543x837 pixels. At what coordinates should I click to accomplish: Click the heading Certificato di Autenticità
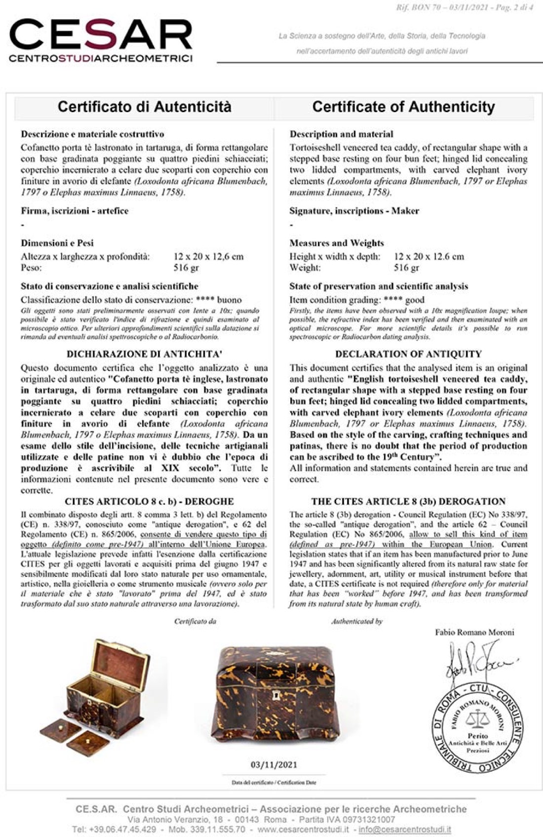click(x=144, y=107)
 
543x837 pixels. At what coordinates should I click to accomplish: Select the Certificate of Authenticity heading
click(x=403, y=107)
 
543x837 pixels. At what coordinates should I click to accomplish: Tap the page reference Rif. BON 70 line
click(x=464, y=7)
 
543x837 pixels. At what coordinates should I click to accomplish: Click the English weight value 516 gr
click(x=406, y=268)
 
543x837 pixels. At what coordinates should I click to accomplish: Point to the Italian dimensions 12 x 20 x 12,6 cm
click(x=208, y=256)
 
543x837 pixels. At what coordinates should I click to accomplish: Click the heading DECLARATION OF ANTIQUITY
click(x=408, y=354)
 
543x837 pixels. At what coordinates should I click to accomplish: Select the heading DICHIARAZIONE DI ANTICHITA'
click(x=144, y=354)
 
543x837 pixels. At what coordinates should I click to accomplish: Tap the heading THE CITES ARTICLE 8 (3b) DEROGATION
click(x=408, y=501)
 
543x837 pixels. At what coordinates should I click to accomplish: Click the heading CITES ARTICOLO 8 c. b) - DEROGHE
click(x=142, y=501)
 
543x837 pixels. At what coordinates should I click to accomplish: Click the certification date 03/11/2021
click(x=274, y=765)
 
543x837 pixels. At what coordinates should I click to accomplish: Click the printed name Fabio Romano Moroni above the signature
click(x=474, y=632)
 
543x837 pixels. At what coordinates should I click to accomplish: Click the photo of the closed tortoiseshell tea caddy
click(x=274, y=696)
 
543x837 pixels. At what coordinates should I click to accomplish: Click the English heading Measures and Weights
click(x=337, y=243)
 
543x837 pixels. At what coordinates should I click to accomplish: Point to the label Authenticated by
click(x=357, y=621)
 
